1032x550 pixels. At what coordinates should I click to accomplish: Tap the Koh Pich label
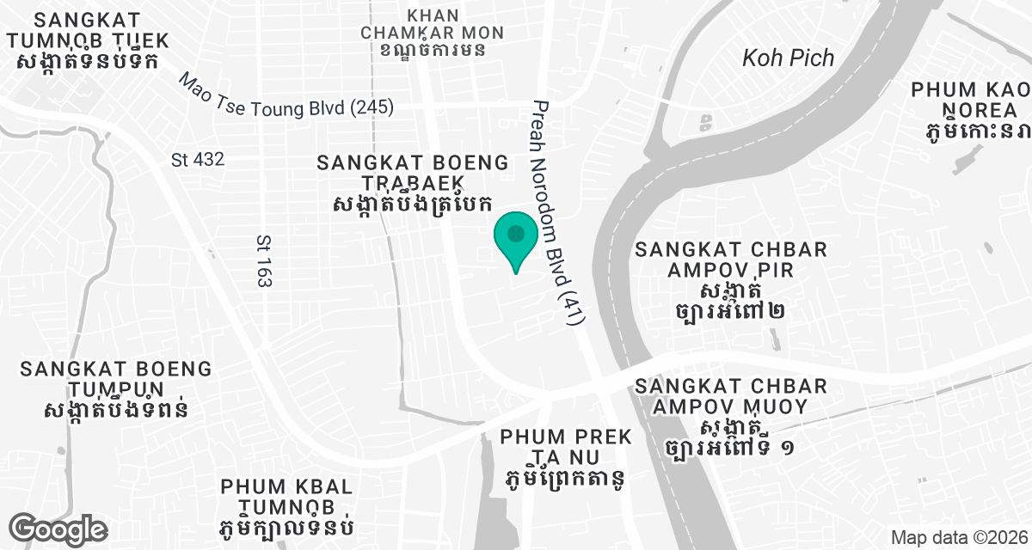788,58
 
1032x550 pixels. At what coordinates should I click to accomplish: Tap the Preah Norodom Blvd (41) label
558,211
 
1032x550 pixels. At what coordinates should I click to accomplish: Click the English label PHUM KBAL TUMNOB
287,496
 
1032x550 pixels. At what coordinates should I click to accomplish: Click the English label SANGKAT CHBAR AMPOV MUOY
729,396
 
